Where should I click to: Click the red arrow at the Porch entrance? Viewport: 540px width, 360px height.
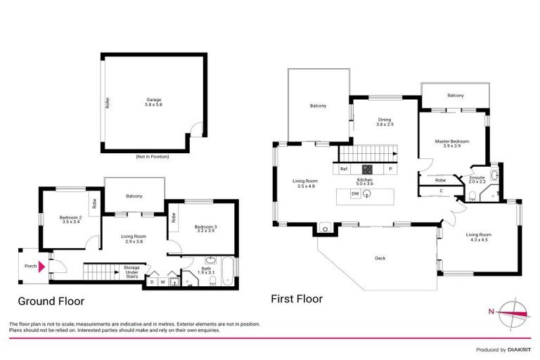click(x=42, y=266)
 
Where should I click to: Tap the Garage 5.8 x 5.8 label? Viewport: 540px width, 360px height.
click(x=153, y=102)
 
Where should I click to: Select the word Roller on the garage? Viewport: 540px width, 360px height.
click(x=107, y=103)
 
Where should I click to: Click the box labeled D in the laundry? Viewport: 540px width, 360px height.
click(x=151, y=282)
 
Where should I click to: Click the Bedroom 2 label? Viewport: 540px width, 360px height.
click(x=71, y=219)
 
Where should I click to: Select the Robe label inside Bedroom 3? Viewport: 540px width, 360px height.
click(x=174, y=218)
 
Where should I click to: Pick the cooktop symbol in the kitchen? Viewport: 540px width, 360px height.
click(x=367, y=169)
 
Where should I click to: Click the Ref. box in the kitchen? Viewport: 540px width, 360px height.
click(x=345, y=169)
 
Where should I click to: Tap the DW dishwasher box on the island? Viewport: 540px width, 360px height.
click(x=355, y=194)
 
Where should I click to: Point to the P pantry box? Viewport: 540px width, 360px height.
click(x=389, y=169)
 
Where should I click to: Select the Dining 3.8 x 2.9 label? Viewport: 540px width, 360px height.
click(x=384, y=122)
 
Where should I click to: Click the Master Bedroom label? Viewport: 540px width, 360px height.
click(x=452, y=143)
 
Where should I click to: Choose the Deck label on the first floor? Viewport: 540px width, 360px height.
click(x=380, y=258)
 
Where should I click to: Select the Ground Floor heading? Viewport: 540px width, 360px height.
click(x=51, y=301)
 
